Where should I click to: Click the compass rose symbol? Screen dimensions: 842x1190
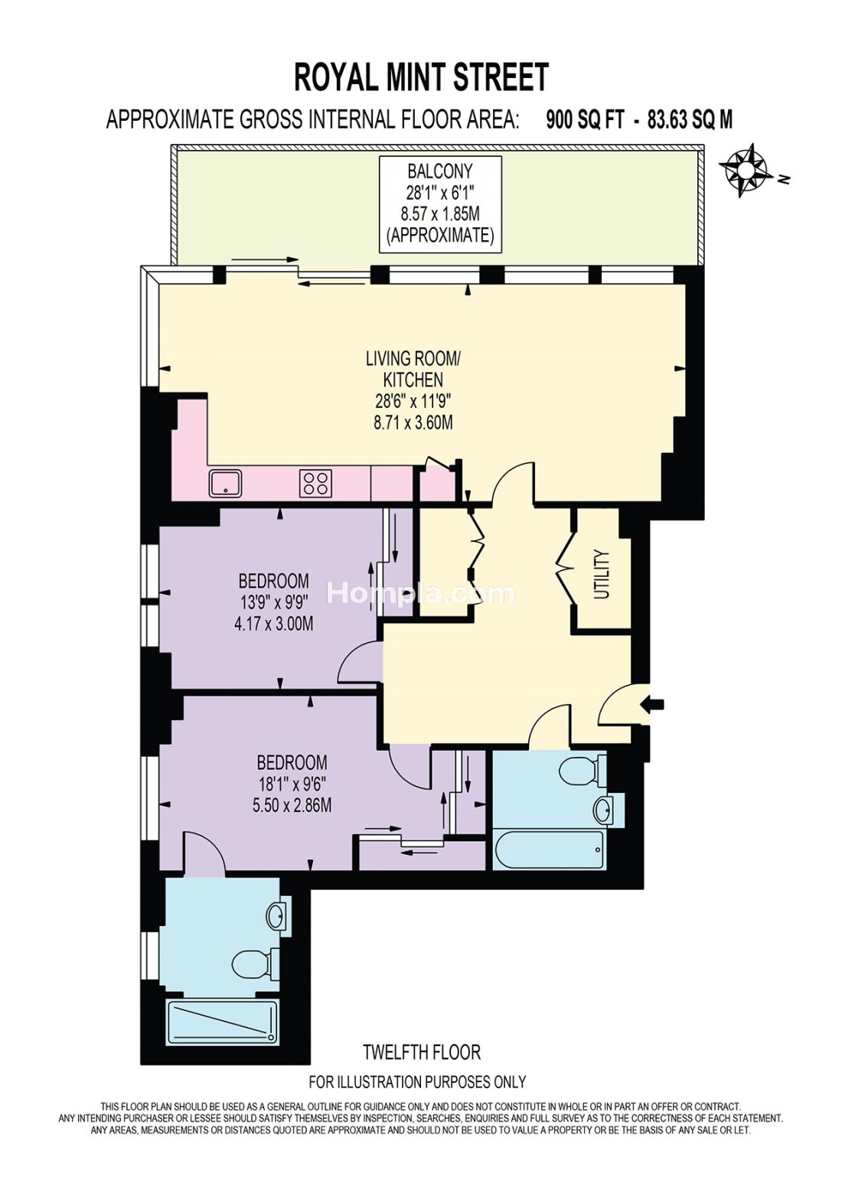coord(746,171)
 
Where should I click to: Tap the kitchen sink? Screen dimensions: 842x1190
coord(227,483)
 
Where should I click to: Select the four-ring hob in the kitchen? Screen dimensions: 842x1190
coord(315,483)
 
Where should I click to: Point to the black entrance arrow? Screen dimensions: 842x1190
coord(652,705)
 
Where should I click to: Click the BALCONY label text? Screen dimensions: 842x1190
coord(440,171)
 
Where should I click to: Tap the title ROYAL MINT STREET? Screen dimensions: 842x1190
coord(421,77)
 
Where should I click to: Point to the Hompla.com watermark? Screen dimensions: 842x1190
coord(421,593)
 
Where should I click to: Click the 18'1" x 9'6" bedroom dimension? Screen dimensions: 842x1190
coord(292,784)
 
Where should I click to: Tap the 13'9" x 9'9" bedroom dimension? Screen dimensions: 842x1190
coord(273,602)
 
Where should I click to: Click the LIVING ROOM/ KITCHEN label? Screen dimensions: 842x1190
coord(414,369)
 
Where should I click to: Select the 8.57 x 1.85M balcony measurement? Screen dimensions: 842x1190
coord(440,214)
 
